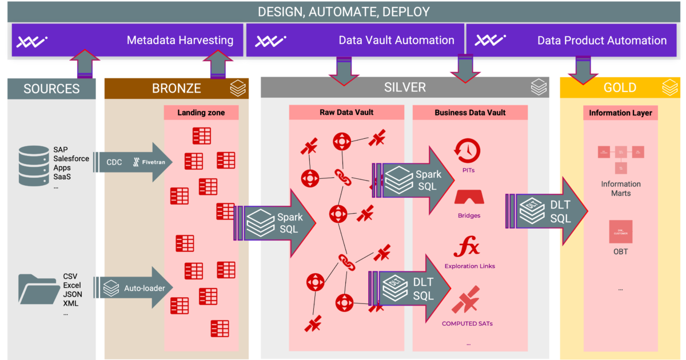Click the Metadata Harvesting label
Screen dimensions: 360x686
180,41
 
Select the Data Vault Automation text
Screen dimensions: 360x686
396,41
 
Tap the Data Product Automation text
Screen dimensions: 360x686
601,41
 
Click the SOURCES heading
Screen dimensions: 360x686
51,89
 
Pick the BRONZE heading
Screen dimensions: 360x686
176,89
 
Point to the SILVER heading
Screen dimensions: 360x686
405,87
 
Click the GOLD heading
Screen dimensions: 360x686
620,88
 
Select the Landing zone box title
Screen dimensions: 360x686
201,113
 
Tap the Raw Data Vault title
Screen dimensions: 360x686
346,113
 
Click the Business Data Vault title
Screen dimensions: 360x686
470,113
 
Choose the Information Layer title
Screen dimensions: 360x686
620,113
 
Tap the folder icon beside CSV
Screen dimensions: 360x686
38,289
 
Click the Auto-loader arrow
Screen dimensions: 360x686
134,288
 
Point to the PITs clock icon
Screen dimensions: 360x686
466,151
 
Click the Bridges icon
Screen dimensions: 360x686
469,197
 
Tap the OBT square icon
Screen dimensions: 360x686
620,231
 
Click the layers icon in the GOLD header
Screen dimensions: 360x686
669,88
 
